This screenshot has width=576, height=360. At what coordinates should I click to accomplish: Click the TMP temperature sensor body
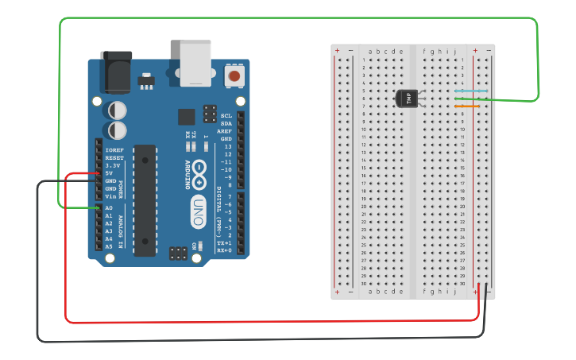[406, 98]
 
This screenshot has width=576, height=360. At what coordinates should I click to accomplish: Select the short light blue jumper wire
[466, 91]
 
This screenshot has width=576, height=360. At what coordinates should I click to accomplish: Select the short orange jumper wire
[466, 106]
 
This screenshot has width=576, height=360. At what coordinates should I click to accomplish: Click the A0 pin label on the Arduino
[109, 208]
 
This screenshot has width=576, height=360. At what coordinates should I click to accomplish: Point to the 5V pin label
[109, 173]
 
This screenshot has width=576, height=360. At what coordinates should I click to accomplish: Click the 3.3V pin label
[112, 165]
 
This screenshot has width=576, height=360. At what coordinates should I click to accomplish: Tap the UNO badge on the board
[198, 211]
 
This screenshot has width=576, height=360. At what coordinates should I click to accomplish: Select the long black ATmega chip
[145, 200]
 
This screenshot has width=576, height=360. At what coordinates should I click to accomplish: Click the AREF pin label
[226, 131]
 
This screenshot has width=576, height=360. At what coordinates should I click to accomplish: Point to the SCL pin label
[226, 116]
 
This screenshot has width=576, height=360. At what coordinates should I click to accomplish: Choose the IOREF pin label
[114, 150]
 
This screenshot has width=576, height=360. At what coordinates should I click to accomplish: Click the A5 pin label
[109, 246]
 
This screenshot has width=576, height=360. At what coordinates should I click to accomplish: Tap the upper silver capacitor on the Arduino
[118, 109]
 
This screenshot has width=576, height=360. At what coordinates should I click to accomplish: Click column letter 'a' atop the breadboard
[370, 51]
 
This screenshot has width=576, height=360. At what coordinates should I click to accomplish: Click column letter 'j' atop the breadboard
[455, 51]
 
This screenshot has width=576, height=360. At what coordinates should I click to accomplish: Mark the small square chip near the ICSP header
[186, 117]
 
